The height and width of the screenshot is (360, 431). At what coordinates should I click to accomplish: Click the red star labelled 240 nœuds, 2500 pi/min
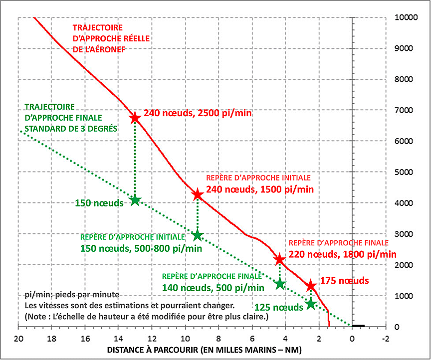(x=135, y=118)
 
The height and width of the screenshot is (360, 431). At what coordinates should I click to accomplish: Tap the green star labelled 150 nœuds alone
(x=135, y=200)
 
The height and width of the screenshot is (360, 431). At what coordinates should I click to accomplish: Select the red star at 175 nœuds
(x=311, y=285)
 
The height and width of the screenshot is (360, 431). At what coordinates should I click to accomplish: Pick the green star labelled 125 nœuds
(x=311, y=304)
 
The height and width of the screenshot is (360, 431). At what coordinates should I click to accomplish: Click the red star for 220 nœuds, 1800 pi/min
(x=279, y=259)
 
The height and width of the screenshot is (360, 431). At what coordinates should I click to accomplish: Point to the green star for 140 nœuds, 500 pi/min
(x=280, y=284)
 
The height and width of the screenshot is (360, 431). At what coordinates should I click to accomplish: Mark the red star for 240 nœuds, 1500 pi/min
(x=198, y=194)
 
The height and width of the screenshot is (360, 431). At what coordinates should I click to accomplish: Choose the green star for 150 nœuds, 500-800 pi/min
(x=198, y=235)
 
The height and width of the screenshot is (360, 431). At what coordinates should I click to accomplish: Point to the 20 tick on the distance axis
(x=18, y=337)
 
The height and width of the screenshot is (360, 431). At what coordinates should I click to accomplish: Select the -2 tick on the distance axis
(x=385, y=337)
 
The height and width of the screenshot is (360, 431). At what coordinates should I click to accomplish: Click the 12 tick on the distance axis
(x=152, y=337)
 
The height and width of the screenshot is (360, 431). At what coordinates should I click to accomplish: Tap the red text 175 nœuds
(x=344, y=281)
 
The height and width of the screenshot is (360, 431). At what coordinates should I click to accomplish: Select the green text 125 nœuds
(x=278, y=307)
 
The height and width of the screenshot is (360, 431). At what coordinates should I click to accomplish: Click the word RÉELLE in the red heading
(x=135, y=38)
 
